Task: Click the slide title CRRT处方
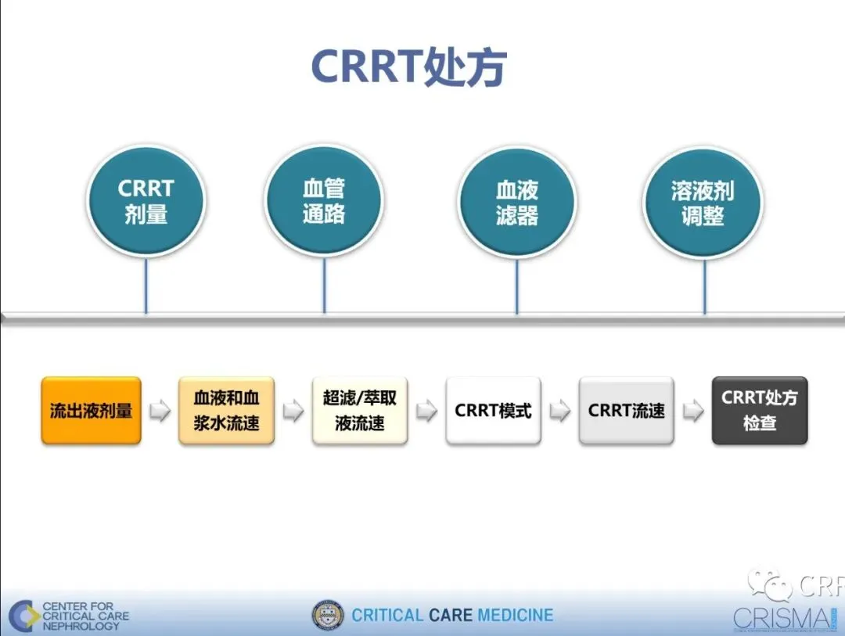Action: [x=408, y=68]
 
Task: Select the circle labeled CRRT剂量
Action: [x=146, y=201]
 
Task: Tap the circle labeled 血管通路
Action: [x=324, y=201]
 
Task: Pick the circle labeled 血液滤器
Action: [x=516, y=203]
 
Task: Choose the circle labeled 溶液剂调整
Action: [x=703, y=203]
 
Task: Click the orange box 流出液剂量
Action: [x=92, y=411]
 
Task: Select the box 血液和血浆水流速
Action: [x=226, y=411]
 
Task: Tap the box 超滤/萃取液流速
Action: [x=360, y=411]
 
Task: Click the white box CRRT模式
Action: [x=493, y=411]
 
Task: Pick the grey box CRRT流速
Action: [x=626, y=411]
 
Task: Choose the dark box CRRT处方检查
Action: [x=759, y=411]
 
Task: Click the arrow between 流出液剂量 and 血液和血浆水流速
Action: [x=160, y=411]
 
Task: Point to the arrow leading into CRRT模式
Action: [x=426, y=411]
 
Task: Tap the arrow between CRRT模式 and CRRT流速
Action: [x=559, y=411]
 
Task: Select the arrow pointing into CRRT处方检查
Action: [x=692, y=411]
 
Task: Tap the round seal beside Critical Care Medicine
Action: [x=327, y=615]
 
